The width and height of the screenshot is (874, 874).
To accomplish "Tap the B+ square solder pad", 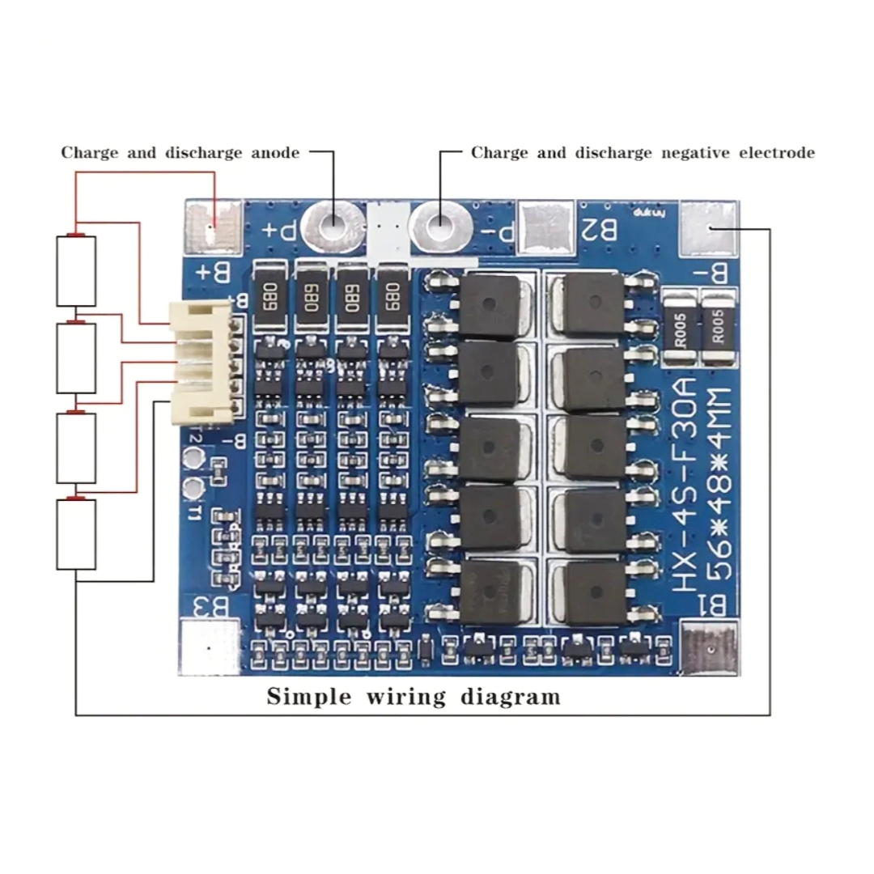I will click(214, 226).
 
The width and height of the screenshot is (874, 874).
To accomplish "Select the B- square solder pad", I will click(710, 229).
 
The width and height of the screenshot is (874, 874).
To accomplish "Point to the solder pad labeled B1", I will click(709, 647).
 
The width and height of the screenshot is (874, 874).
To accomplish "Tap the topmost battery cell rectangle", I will click(76, 271).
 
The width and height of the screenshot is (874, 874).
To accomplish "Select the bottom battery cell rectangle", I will click(76, 534).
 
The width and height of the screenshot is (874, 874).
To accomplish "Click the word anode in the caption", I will click(273, 153).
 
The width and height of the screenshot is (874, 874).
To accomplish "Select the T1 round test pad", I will click(193, 487).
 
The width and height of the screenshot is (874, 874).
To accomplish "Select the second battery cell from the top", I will click(76, 359).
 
